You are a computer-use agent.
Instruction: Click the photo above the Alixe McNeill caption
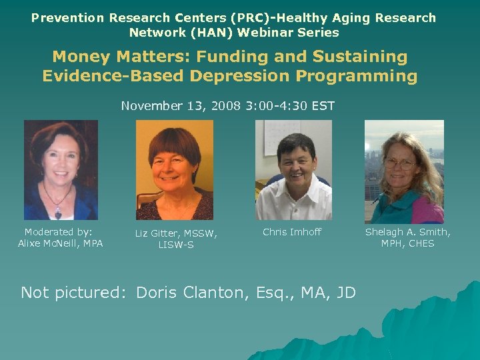click(x=61, y=170)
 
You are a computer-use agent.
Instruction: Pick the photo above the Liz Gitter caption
click(x=175, y=170)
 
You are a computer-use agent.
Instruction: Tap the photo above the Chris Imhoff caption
click(x=293, y=170)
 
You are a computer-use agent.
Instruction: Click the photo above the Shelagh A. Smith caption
click(x=404, y=171)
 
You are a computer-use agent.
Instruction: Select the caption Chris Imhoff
click(x=292, y=232)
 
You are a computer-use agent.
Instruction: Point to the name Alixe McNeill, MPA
click(x=61, y=243)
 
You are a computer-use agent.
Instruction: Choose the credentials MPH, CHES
click(x=407, y=243)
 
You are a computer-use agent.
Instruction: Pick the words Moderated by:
click(x=59, y=232)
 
